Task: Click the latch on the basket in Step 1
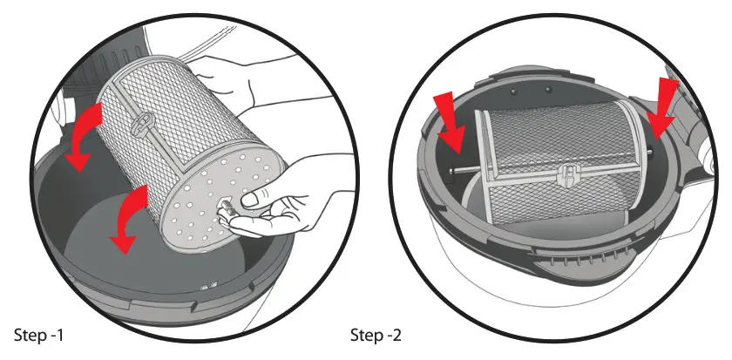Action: pos(139,123)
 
